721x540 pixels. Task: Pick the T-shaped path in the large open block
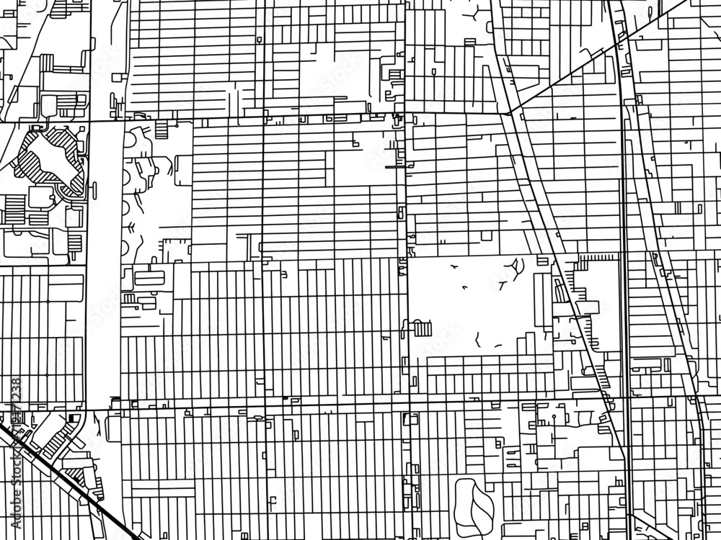[x=500, y=283]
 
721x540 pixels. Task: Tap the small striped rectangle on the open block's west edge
[x=423, y=329]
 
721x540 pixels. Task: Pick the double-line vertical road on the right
[x=624, y=288]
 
